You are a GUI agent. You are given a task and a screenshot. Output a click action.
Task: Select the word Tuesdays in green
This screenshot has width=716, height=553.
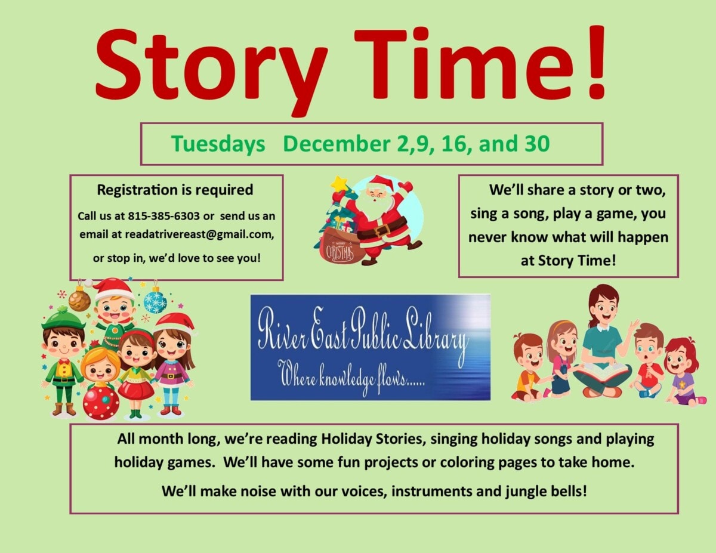tap(218, 144)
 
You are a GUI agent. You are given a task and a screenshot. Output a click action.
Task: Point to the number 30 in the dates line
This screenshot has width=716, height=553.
tap(536, 144)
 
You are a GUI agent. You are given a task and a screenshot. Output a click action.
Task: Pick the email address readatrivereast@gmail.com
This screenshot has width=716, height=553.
tap(199, 234)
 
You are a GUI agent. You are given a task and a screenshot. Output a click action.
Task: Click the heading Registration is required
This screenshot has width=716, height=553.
tap(175, 190)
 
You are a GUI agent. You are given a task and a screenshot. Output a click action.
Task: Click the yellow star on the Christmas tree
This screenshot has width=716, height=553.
tap(339, 183)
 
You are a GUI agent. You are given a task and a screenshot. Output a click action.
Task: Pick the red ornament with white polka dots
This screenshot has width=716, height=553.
tap(101, 402)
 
